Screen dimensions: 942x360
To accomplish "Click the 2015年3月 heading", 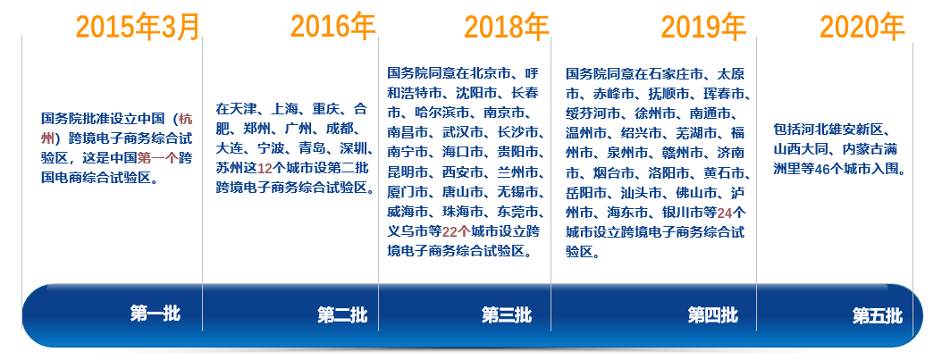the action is [138, 27].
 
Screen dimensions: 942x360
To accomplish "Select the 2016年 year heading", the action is [333, 27].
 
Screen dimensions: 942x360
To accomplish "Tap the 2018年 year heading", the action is [507, 27].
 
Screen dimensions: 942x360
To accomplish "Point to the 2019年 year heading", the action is [703, 27].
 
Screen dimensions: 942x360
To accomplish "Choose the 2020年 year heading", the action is [862, 27].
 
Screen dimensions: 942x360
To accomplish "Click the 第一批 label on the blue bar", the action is [155, 314].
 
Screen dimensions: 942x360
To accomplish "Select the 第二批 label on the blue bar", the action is [342, 315].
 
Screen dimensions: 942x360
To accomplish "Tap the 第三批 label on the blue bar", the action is [507, 315].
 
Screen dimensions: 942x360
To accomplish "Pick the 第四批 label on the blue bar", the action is [713, 315].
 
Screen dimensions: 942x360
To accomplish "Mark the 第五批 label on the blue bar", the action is [878, 315].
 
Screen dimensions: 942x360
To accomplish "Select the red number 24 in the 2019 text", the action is [725, 213].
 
